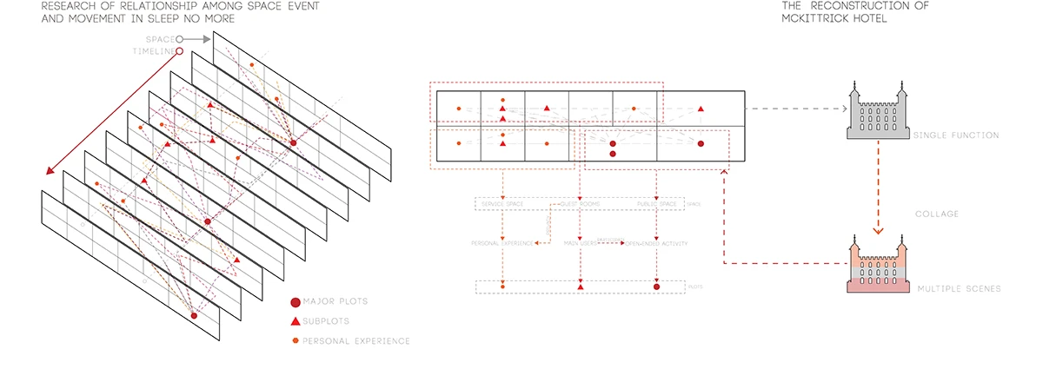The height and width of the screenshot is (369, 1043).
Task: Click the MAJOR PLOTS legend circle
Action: [296, 302]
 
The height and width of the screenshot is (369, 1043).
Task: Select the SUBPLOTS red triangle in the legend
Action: [296, 321]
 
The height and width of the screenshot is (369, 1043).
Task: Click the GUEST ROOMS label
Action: [581, 204]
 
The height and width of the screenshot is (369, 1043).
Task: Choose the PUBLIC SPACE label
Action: [656, 204]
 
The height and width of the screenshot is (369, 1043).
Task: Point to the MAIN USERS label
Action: [581, 244]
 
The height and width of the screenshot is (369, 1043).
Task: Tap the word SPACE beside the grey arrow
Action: [159, 39]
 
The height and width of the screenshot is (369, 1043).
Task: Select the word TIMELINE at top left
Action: [152, 51]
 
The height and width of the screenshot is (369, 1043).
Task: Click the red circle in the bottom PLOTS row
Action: [656, 286]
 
